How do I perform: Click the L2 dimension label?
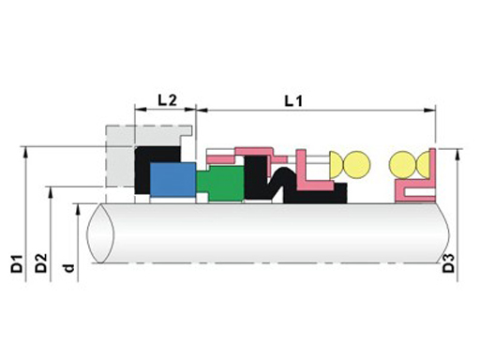coord(167,100)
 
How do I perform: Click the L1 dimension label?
coord(293,101)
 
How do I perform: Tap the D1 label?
coord(17,263)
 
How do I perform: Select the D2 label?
coord(40,263)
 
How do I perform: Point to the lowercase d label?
coord(68,267)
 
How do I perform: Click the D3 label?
coord(449,263)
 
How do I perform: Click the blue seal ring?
coord(172,179)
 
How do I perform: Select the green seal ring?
coord(220,183)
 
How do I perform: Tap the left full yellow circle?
coord(356,165)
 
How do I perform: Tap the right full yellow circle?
coord(403,165)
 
